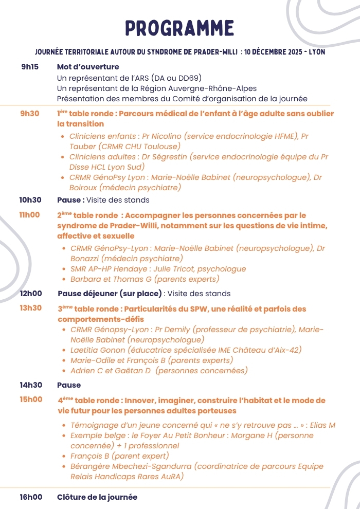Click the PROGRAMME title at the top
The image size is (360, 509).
pyautogui.click(x=179, y=28)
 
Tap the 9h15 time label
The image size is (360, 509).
pyautogui.click(x=30, y=67)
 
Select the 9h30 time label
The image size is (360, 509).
pyautogui.click(x=30, y=114)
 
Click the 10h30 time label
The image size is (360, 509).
pyautogui.click(x=30, y=199)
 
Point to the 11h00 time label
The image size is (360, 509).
pyautogui.click(x=30, y=215)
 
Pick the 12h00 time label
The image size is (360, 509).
pyautogui.click(x=30, y=294)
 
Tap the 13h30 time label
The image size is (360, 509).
pyautogui.click(x=30, y=308)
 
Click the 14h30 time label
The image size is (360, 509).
pyautogui.click(x=30, y=385)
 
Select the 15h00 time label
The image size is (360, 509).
pyautogui.click(x=30, y=399)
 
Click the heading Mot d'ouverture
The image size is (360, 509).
pyautogui.click(x=88, y=67)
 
